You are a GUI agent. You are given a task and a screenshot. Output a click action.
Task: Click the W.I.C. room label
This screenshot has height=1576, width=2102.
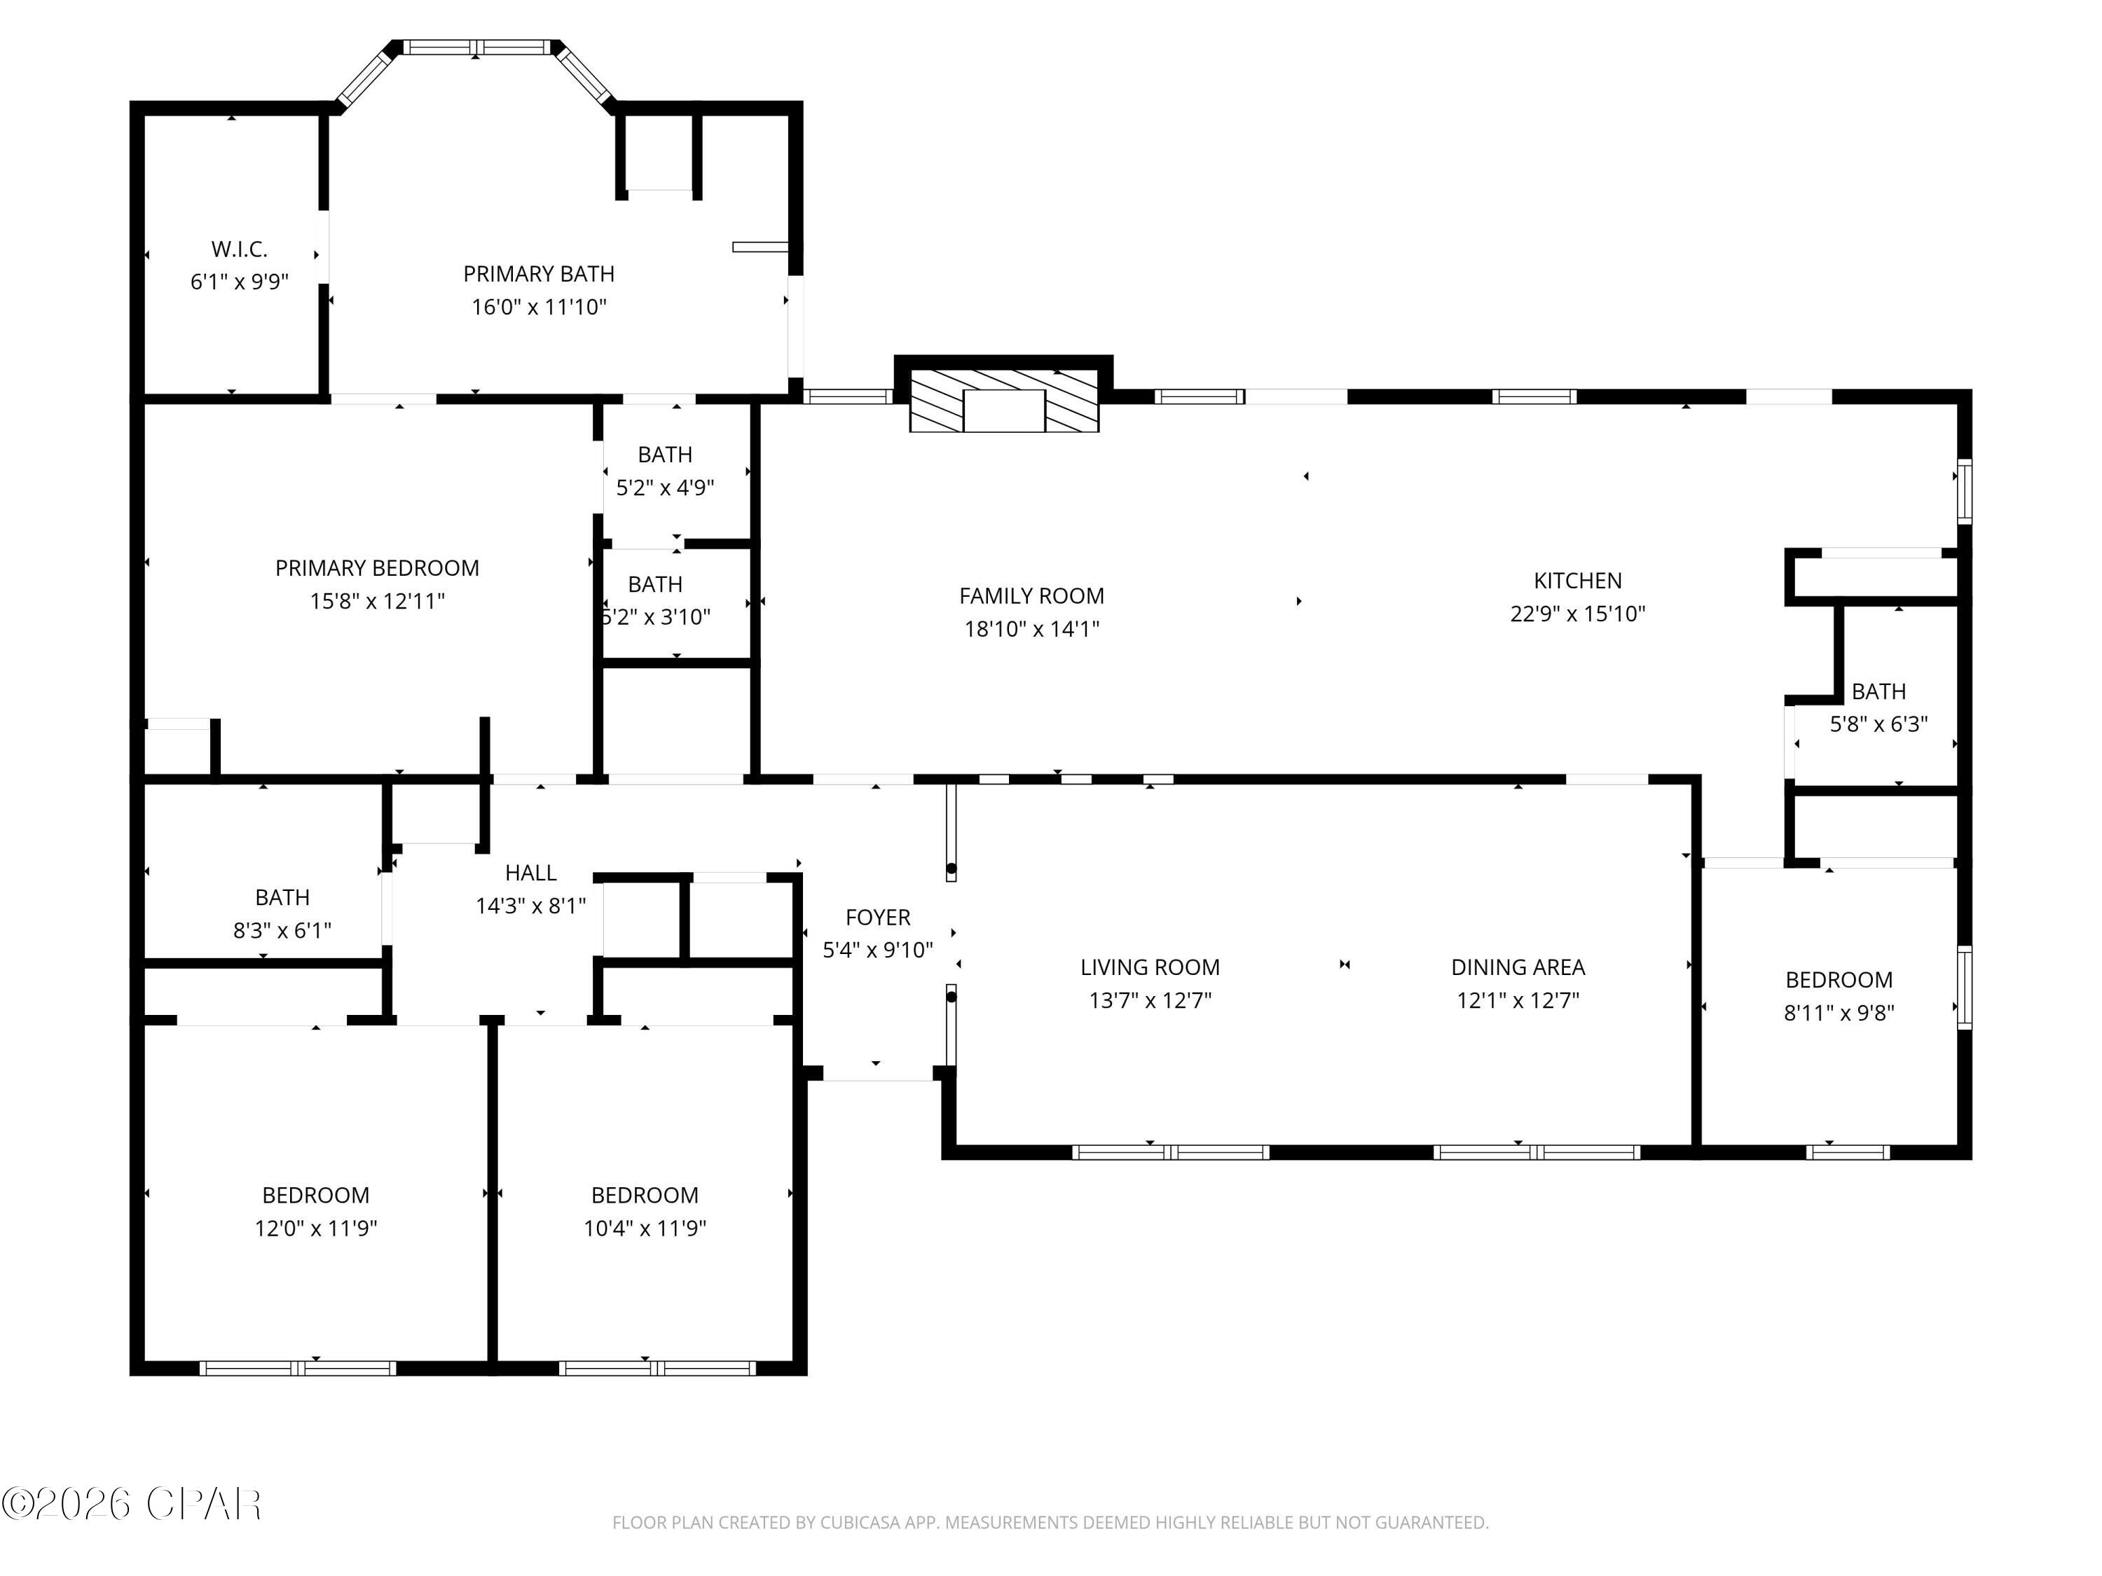click(240, 249)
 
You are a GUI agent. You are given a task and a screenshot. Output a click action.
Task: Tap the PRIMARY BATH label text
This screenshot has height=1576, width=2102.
click(539, 274)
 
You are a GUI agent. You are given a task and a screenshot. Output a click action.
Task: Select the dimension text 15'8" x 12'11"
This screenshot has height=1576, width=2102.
click(377, 601)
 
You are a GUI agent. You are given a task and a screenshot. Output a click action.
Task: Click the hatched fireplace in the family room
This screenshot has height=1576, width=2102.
click(1005, 400)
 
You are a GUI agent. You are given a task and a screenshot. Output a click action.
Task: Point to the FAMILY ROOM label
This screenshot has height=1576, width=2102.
click(1032, 595)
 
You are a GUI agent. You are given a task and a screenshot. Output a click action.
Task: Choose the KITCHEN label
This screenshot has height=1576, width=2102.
click(1577, 581)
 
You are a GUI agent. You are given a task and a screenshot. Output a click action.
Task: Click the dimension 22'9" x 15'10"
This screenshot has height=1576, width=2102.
click(1577, 614)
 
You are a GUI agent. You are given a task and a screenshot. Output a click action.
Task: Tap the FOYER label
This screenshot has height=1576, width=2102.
click(878, 917)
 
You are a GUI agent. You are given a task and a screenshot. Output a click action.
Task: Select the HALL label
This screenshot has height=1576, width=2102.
click(530, 872)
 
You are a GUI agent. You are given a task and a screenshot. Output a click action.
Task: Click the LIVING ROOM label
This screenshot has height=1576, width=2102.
click(1150, 967)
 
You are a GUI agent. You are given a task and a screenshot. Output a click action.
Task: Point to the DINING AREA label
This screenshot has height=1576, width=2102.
click(1518, 967)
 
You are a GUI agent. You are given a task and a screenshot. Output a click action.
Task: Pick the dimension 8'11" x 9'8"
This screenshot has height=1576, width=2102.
click(1839, 1013)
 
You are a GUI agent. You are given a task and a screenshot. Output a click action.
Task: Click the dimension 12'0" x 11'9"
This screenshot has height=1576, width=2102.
click(315, 1229)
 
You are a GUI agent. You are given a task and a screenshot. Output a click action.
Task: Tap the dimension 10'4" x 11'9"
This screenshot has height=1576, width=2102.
click(645, 1229)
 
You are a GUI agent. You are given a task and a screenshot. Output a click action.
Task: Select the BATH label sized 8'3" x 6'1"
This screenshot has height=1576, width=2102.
click(282, 897)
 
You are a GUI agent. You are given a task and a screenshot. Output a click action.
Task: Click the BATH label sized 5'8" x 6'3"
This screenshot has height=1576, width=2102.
click(1878, 691)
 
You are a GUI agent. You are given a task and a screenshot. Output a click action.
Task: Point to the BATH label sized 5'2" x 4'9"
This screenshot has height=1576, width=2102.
click(665, 454)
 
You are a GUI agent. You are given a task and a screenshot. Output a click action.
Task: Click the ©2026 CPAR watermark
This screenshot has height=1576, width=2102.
click(132, 1504)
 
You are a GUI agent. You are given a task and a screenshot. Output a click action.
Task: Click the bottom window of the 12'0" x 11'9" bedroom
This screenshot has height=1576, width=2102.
click(298, 1368)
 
